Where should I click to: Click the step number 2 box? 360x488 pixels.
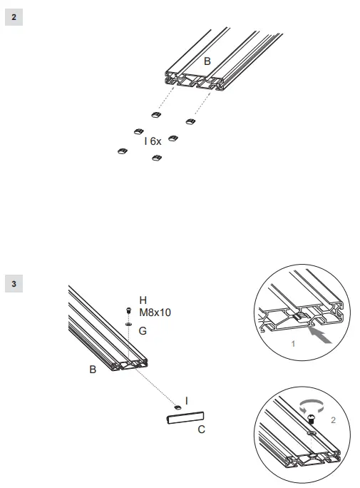click(14, 16)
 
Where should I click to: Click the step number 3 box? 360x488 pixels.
click(14, 284)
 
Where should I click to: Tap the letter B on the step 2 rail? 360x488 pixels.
click(207, 62)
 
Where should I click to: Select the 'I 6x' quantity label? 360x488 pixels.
click(153, 141)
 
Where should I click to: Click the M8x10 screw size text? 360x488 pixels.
click(155, 312)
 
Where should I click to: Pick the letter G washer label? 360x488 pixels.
click(143, 330)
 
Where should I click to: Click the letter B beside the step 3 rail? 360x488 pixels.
click(93, 370)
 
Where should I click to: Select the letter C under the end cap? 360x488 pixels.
click(201, 429)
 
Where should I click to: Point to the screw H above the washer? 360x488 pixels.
click(128, 311)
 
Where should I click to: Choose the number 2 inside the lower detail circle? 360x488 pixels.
click(332, 421)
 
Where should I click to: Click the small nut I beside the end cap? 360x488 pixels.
click(177, 406)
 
